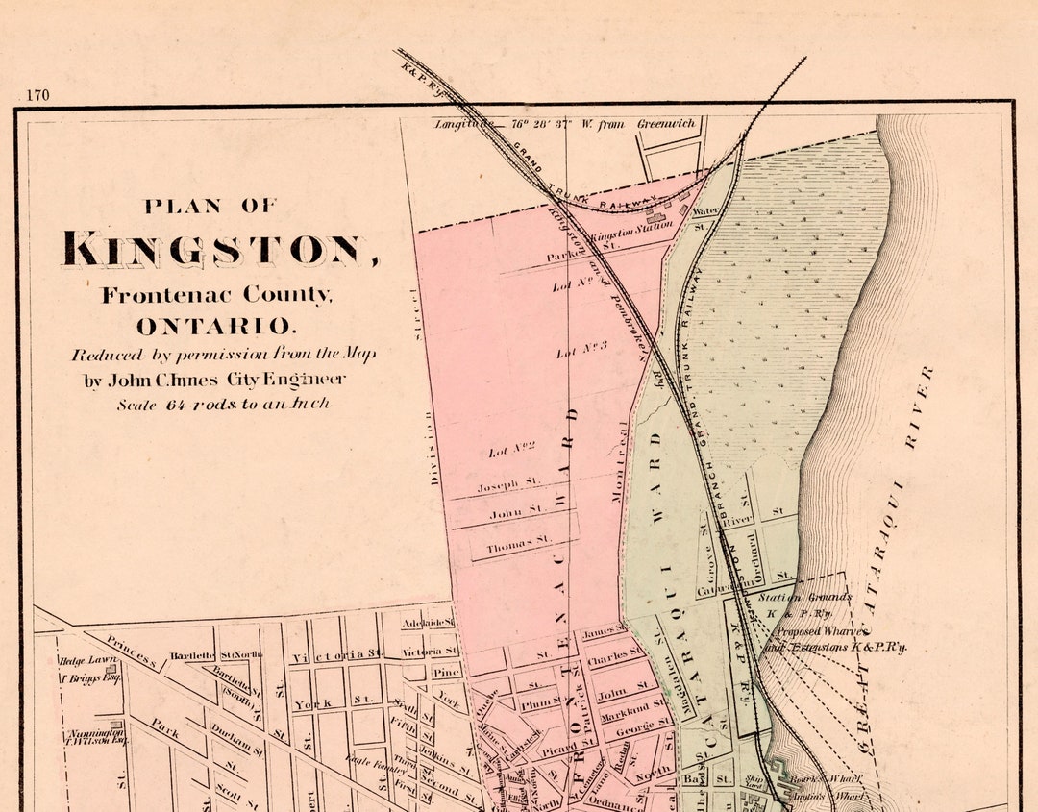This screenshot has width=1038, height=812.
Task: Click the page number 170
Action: point(38,95)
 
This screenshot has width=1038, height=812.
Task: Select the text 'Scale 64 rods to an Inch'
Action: point(223,405)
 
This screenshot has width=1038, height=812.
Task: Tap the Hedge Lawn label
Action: point(86,661)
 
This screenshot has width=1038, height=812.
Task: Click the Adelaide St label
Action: point(427,623)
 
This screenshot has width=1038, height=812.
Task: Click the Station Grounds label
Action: point(804,597)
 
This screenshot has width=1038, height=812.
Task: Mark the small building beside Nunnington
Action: point(114,725)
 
